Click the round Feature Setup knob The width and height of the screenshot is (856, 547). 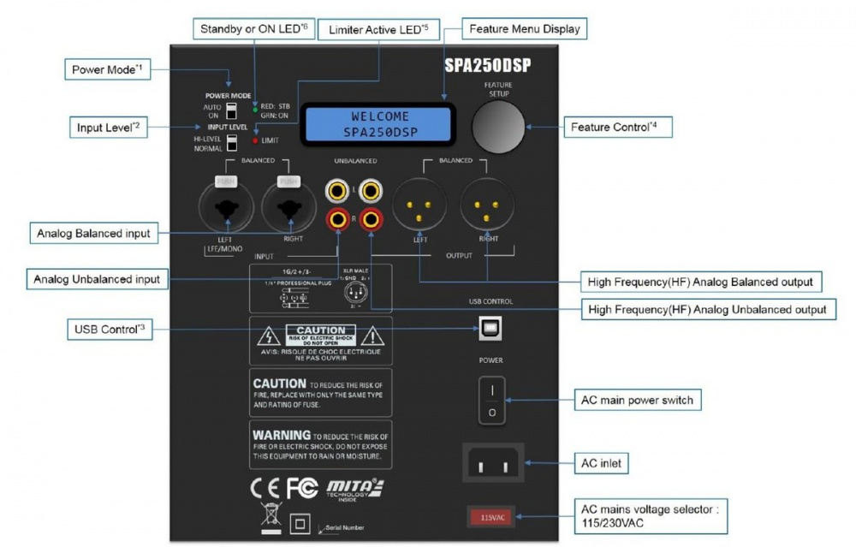coord(497,127)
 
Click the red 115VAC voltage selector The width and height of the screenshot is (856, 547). coord(490,517)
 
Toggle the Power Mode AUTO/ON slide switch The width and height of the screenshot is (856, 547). coord(230,110)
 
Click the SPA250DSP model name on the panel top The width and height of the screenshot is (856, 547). coord(490,64)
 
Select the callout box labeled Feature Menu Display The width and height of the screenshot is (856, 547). coord(524,29)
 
